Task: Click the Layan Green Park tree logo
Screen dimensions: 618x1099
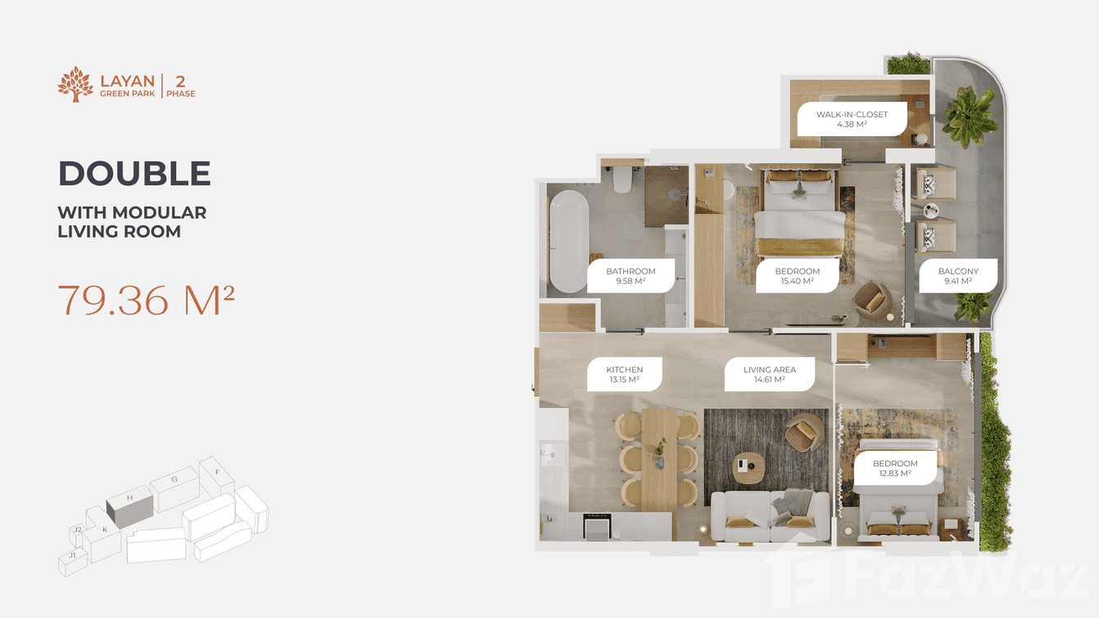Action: [x=75, y=84]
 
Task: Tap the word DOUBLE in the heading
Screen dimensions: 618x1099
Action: [x=134, y=174]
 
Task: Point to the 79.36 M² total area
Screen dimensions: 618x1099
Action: [x=147, y=301]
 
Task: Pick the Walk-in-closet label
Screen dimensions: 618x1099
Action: [x=852, y=120]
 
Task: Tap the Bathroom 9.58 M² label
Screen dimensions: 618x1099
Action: [x=631, y=276]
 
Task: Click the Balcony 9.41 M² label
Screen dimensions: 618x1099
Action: [x=958, y=276]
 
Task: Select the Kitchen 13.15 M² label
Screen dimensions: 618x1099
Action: [x=624, y=375]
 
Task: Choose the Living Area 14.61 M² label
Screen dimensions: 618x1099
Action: [x=769, y=375]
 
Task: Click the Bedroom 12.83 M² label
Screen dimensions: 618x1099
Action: [x=895, y=468]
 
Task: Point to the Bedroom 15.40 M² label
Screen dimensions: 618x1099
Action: [x=797, y=276]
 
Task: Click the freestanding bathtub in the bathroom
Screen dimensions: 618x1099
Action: [x=568, y=242]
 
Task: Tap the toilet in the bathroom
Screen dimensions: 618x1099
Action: [x=622, y=179]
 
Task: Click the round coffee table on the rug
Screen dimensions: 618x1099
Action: [x=748, y=466]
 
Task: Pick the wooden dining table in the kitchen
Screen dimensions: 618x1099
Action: [x=659, y=459]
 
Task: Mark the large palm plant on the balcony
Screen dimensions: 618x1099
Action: [x=970, y=119]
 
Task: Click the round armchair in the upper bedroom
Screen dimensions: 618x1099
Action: [x=873, y=301]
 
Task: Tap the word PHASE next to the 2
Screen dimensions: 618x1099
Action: [x=181, y=94]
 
